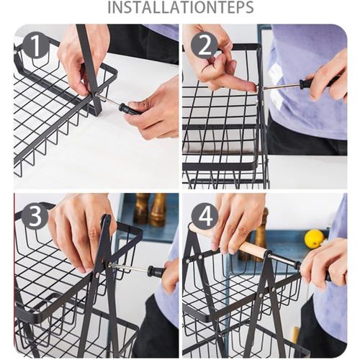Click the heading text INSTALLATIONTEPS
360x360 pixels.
coord(181,7)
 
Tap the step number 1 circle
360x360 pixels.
coord(35,45)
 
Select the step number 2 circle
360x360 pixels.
coord(204,45)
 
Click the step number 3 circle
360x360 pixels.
coord(35,216)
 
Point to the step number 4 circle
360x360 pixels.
coord(205,216)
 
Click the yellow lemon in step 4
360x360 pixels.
coord(314,238)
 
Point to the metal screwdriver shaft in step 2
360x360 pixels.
coord(282,86)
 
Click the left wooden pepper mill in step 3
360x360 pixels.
coord(141,209)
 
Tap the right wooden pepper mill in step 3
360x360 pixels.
coord(158,210)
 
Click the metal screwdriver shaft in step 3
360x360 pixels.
coord(128,267)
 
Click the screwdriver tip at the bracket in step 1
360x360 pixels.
coord(97,95)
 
